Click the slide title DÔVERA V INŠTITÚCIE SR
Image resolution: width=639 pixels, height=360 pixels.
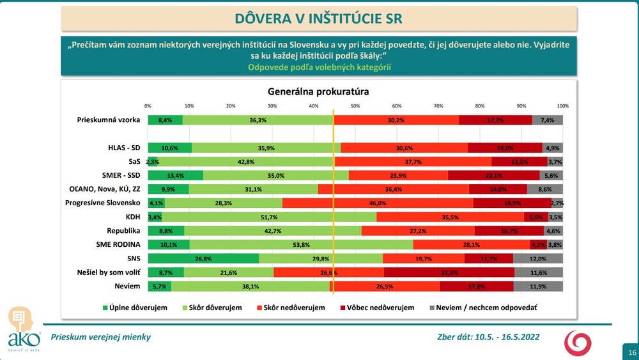point(319,18)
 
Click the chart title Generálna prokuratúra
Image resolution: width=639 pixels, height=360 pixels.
point(318,91)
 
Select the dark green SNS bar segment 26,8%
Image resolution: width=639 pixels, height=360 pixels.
point(203,258)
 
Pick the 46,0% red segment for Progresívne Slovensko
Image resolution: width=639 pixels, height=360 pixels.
point(378,203)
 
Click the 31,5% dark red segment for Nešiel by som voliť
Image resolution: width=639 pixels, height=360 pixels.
point(449,272)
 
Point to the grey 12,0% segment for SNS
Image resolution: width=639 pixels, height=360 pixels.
point(538,258)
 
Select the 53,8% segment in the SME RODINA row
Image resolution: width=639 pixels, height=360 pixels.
point(301,244)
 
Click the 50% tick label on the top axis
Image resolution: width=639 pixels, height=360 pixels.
point(355,106)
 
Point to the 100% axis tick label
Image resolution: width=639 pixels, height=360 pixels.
point(563,106)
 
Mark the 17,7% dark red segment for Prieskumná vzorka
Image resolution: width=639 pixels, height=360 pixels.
point(495,120)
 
